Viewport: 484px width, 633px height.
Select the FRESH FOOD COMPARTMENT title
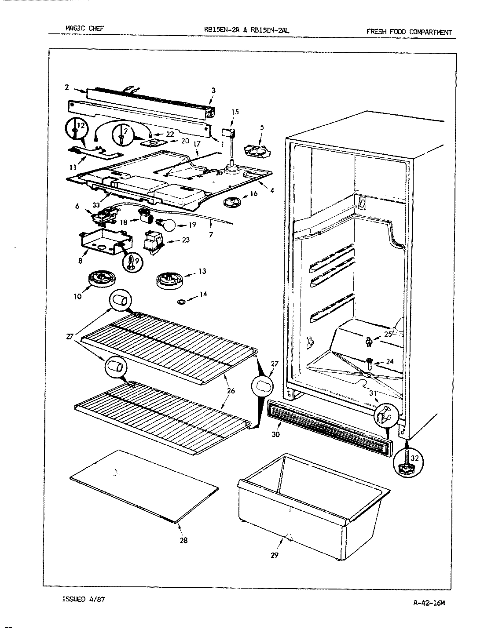pyautogui.click(x=408, y=32)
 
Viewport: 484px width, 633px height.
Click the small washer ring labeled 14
pyautogui.click(x=180, y=302)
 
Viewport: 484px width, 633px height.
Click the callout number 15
pyautogui.click(x=235, y=112)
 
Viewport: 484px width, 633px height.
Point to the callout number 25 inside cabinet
pyautogui.click(x=388, y=334)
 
